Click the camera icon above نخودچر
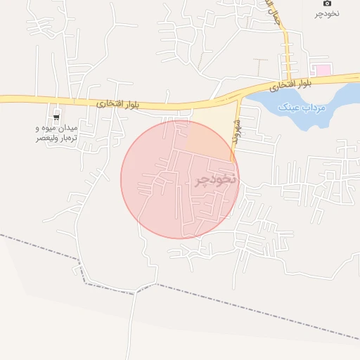click(327, 4)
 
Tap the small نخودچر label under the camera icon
click(327, 13)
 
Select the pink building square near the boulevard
click(322, 70)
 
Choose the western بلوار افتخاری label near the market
click(119, 103)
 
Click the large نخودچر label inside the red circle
click(216, 179)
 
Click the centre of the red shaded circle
click(180, 179)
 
